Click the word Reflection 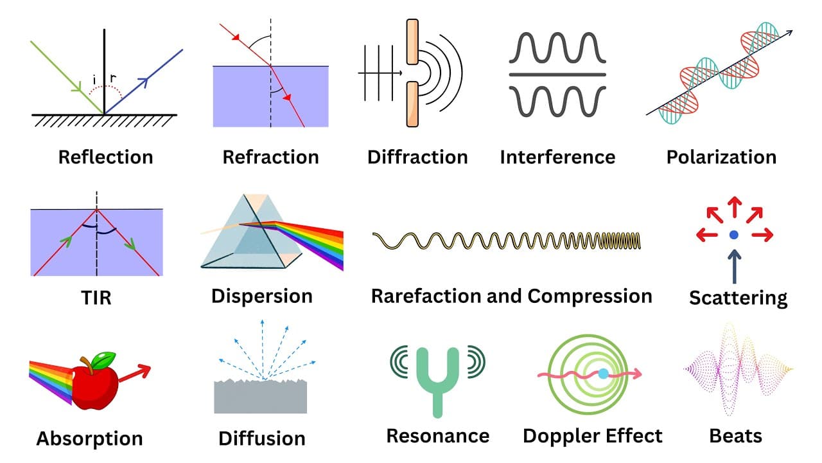click(x=106, y=158)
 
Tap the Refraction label click(x=271, y=158)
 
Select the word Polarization click(x=721, y=158)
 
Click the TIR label click(x=96, y=298)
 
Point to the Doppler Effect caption click(x=593, y=437)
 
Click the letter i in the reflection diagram click(x=94, y=79)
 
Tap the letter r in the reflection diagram click(x=113, y=78)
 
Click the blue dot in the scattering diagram click(x=734, y=235)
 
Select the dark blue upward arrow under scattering click(x=734, y=267)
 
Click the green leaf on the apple click(x=103, y=360)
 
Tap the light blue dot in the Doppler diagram click(x=603, y=374)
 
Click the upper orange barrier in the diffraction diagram click(x=412, y=42)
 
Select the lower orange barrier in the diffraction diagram click(x=412, y=104)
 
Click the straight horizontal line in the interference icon click(x=557, y=75)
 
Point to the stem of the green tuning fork click(x=437, y=403)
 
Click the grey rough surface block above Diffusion click(x=261, y=397)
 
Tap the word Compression click(x=590, y=296)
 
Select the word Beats click(x=736, y=437)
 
